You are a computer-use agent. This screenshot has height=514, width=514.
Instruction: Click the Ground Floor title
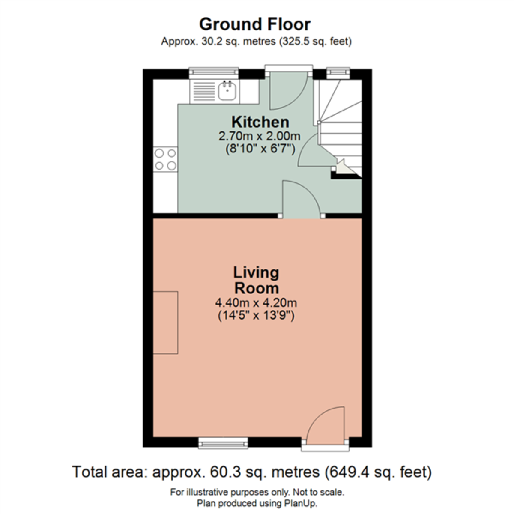click(x=254, y=24)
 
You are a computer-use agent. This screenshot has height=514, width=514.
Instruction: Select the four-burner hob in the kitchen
click(x=165, y=159)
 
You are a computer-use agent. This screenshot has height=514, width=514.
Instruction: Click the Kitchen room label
click(x=260, y=122)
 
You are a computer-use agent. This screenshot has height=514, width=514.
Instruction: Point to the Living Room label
click(x=256, y=280)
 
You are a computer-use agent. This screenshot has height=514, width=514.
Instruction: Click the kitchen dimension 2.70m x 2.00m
click(x=259, y=137)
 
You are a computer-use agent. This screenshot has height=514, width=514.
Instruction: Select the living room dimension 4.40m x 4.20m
click(x=256, y=303)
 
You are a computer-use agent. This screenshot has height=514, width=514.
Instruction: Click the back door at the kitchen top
click(x=287, y=90)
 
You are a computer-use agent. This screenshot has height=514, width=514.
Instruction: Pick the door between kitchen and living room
click(x=302, y=200)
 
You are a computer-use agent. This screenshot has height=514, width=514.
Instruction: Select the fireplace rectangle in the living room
click(x=165, y=323)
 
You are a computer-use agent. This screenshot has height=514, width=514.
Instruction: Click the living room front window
click(x=223, y=443)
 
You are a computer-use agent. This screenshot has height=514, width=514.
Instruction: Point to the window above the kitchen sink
click(x=214, y=73)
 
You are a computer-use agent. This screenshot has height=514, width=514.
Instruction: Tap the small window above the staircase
click(x=338, y=73)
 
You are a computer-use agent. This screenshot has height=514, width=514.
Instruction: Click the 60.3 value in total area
click(x=222, y=472)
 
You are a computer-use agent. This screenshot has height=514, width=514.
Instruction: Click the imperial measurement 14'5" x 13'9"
click(x=256, y=317)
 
